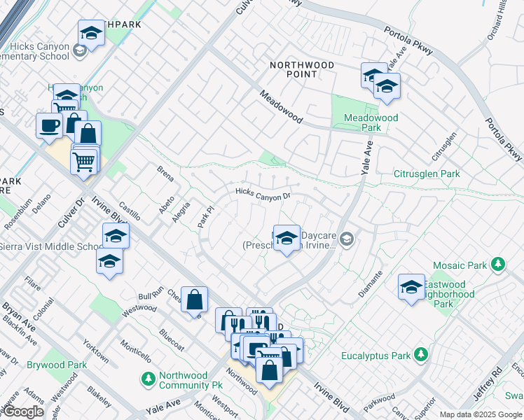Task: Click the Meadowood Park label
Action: tap(371, 122)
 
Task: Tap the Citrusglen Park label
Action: tap(426, 174)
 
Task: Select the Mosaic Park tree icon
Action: tap(498, 265)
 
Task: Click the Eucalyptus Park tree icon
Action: tap(420, 355)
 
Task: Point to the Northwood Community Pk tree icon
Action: tap(149, 379)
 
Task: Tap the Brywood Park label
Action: tap(57, 365)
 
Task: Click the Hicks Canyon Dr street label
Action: tap(263, 193)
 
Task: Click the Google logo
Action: tap(23, 412)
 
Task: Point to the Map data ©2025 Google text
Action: tap(480, 414)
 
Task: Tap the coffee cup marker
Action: tap(49, 125)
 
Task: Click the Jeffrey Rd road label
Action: tap(488, 385)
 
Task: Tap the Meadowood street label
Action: tap(280, 106)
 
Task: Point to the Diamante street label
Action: tap(371, 284)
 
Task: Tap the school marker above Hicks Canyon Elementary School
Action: tap(90, 32)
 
